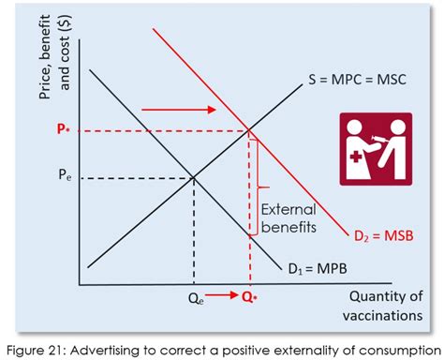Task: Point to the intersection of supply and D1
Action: [194, 176]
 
